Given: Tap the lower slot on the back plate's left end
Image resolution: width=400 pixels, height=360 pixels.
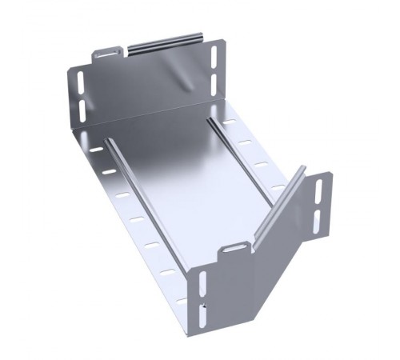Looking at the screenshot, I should pyautogui.click(x=82, y=107).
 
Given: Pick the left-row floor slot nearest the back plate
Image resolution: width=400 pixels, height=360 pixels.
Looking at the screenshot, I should pyautogui.click(x=95, y=150).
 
